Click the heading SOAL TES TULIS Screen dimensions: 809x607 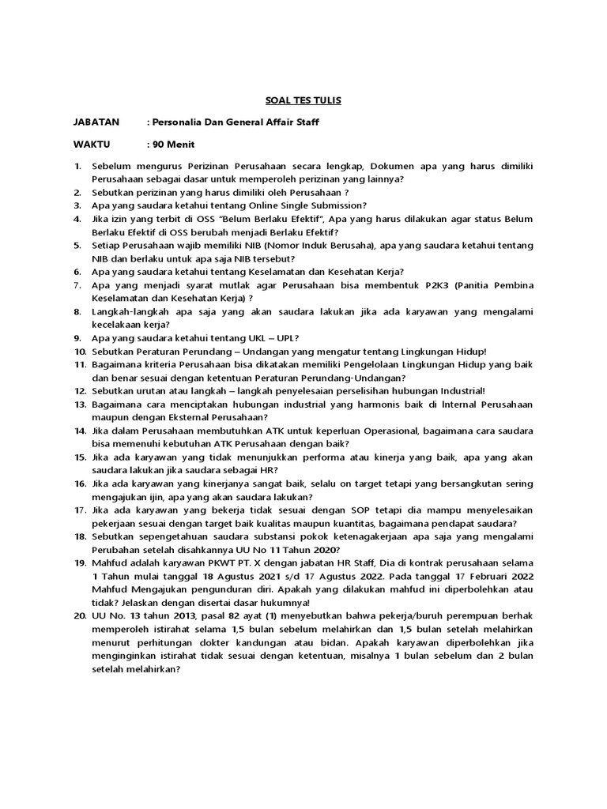coord(303,100)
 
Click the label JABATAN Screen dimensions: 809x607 coord(96,122)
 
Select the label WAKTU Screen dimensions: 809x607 coord(92,145)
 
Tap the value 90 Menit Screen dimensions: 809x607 coord(174,145)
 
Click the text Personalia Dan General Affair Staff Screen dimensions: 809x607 coord(236,122)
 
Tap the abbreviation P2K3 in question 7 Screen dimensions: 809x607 coord(435,284)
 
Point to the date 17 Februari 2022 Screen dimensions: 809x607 coord(489,577)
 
